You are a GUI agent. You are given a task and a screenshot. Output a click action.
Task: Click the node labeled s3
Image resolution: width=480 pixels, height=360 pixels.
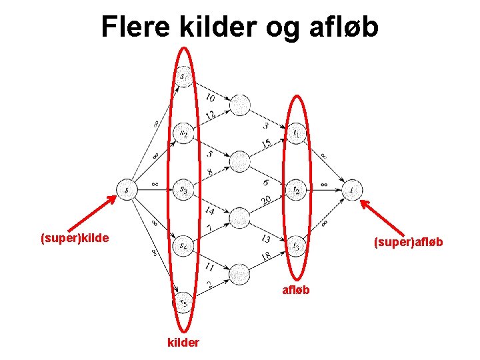[x=183, y=191]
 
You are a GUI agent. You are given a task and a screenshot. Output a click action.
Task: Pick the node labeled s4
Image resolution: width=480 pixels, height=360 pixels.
[x=183, y=247]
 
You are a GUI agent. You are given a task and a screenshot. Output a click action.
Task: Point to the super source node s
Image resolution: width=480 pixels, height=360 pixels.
[x=127, y=191]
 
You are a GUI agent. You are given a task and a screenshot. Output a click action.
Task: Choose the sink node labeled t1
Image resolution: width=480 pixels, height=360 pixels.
[x=297, y=134]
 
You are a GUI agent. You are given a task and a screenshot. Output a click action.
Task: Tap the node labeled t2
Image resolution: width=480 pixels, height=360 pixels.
[x=297, y=191]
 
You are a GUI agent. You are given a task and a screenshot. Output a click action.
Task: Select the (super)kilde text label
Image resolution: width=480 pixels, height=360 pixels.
[x=75, y=237]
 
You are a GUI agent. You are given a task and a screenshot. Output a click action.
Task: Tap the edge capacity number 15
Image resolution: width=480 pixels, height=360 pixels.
[x=267, y=143]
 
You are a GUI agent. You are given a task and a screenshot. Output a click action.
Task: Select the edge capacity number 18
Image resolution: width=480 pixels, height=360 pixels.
[x=267, y=257]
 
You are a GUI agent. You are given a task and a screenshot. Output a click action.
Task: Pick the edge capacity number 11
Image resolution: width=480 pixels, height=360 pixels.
[x=209, y=267]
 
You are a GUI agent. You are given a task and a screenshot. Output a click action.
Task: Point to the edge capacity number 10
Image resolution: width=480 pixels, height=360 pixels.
[x=210, y=98]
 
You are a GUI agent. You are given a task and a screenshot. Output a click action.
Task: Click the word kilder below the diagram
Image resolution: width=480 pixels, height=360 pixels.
[x=183, y=343]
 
